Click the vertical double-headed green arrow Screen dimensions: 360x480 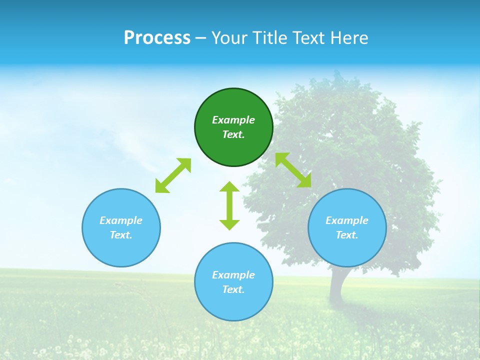(x=229, y=206)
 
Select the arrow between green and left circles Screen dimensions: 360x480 (x=173, y=175)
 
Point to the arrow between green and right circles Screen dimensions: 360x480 (x=293, y=170)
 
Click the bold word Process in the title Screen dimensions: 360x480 (x=157, y=38)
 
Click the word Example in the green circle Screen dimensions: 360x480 (x=233, y=120)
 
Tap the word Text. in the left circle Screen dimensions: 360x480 (x=121, y=235)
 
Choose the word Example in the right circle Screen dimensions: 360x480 (x=347, y=220)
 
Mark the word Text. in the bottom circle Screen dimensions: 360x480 (x=233, y=289)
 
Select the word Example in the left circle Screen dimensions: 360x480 (x=121, y=220)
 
